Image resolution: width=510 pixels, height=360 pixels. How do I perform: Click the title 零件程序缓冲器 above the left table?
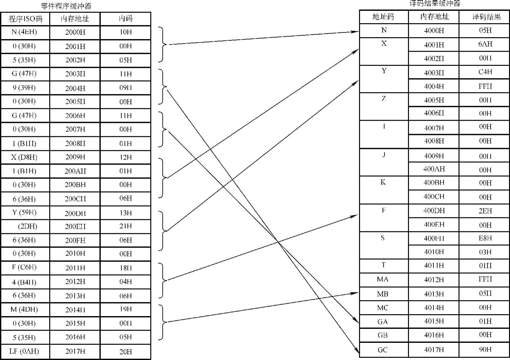tap(66, 6)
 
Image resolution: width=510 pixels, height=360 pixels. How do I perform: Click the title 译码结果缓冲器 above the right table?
tap(435, 3)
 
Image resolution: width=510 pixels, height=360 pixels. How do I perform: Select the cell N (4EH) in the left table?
tap(24, 32)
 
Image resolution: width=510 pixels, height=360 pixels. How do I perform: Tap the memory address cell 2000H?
tap(75, 32)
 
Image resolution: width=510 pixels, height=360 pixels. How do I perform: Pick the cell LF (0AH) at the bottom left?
tap(24, 351)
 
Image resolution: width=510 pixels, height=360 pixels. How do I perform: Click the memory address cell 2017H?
tap(75, 351)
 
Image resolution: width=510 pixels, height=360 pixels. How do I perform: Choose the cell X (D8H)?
tap(24, 157)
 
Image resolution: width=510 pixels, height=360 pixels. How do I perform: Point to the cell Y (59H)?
tap(24, 213)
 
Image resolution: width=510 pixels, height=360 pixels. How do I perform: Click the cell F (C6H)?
tap(24, 267)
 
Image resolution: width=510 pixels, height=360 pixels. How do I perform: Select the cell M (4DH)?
tap(24, 309)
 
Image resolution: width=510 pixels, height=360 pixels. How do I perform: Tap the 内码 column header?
tap(126, 18)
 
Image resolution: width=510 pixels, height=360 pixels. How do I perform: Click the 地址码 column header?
tap(383, 17)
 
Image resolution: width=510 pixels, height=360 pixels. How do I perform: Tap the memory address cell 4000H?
tap(434, 31)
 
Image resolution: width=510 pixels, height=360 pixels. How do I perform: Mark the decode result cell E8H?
tap(485, 238)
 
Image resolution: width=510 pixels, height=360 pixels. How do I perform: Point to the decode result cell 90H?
tap(485, 350)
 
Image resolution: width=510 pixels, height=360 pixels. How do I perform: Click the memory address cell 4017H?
tap(434, 350)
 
